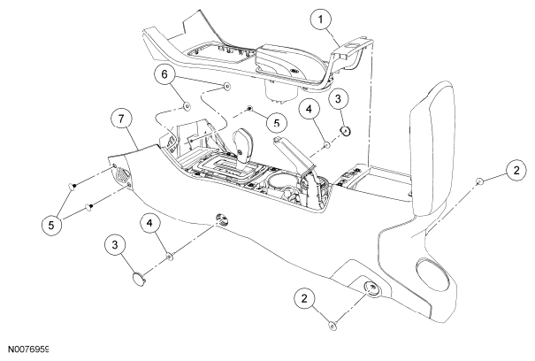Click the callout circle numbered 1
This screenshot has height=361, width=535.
pyautogui.click(x=321, y=19)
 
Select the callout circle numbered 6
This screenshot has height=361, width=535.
pyautogui.click(x=164, y=74)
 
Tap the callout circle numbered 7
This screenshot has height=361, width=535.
pyautogui.click(x=121, y=119)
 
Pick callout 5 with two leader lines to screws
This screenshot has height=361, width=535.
pyautogui.click(x=51, y=225)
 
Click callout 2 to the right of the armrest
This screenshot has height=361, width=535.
pyautogui.click(x=516, y=170)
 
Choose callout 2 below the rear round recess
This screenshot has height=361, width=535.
pyautogui.click(x=304, y=298)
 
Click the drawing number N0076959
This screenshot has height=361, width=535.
pyautogui.click(x=28, y=349)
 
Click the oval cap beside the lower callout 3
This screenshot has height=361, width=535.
pyautogui.click(x=139, y=279)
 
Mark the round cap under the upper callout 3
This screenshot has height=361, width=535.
pyautogui.click(x=346, y=130)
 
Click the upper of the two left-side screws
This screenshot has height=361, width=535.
pyautogui.click(x=72, y=186)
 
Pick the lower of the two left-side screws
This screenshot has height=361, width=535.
pyautogui.click(x=88, y=206)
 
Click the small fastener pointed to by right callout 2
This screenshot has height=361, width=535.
pyautogui.click(x=479, y=181)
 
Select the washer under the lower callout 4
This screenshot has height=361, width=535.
pyautogui.click(x=170, y=256)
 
